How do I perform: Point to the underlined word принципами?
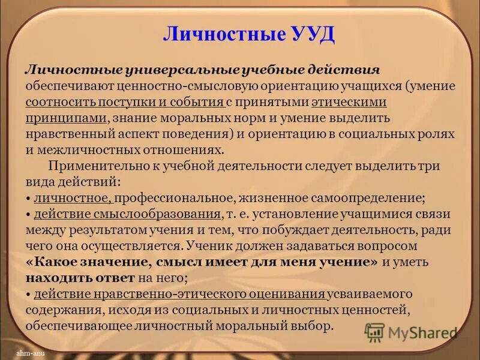tap(66, 117)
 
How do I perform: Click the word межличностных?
tap(85, 149)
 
